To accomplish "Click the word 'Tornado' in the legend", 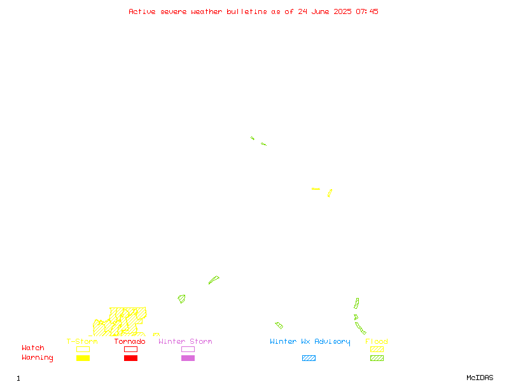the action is click(130, 341).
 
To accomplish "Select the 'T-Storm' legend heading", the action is click(82, 341).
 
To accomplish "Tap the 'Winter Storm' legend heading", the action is click(185, 341).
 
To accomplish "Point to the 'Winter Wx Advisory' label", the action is click(310, 342).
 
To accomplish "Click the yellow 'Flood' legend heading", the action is click(377, 341).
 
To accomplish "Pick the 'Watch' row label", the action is click(33, 348).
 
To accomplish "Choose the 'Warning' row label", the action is click(38, 358).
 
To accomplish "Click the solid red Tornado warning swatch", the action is click(131, 358).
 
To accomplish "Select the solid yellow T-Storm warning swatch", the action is click(83, 358).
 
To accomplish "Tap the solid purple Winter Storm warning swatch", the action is click(188, 358).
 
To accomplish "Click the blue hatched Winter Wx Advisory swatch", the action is click(309, 358).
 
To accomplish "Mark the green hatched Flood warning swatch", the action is click(377, 358).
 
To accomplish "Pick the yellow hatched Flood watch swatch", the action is click(377, 349).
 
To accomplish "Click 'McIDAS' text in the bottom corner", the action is click(480, 378).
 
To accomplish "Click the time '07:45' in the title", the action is click(367, 11).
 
